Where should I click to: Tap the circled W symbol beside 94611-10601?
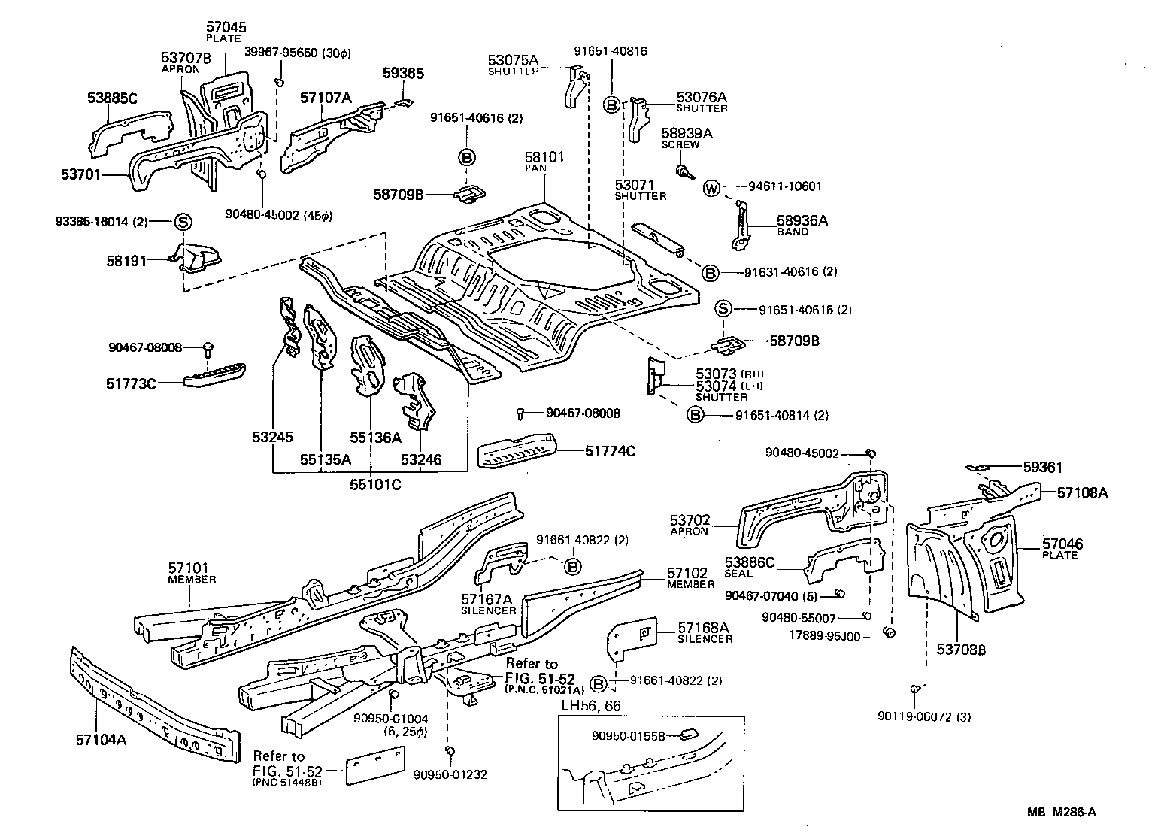tap(711, 188)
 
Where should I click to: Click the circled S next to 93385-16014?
tap(183, 222)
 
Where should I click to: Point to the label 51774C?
tap(610, 451)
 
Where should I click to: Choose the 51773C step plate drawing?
tap(214, 373)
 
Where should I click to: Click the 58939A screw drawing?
tap(684, 171)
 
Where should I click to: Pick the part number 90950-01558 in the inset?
tap(629, 736)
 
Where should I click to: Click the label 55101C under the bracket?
tap(374, 485)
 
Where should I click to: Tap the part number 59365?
tap(403, 74)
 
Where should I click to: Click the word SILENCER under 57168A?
tap(705, 639)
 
